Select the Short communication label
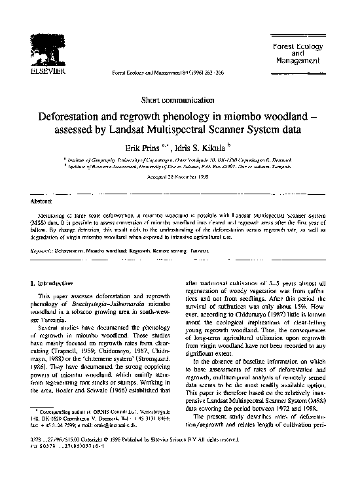point(179,99)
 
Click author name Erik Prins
point(145,146)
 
